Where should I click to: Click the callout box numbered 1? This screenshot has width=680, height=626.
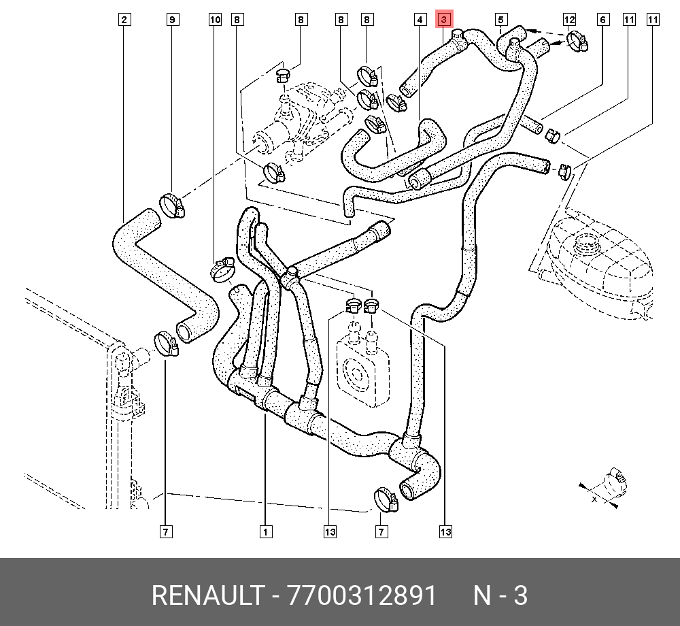click(265, 531)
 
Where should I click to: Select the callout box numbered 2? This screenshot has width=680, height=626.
click(124, 20)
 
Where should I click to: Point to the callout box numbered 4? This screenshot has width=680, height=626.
click(419, 20)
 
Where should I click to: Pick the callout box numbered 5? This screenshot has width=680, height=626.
click(500, 20)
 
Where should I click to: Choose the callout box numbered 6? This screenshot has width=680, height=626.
click(602, 20)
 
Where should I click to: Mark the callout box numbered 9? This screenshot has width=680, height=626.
click(173, 20)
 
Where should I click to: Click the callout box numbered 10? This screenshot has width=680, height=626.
click(215, 20)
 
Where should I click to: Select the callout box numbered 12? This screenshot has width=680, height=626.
click(569, 20)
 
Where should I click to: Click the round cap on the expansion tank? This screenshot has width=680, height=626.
click(585, 241)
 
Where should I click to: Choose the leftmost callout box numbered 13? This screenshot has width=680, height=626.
click(330, 531)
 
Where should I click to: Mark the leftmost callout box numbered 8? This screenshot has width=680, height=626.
click(237, 20)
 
